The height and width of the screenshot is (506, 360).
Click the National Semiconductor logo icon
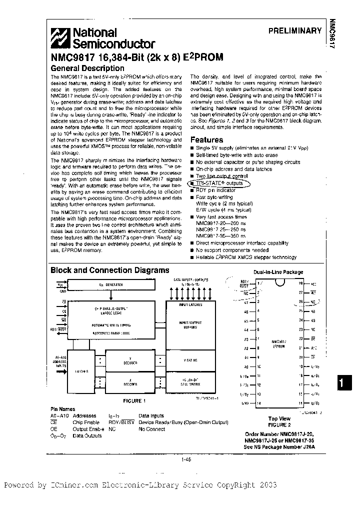(x=61, y=38)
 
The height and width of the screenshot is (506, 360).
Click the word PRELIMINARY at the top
(x=294, y=30)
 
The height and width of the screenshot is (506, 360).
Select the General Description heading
(x=87, y=68)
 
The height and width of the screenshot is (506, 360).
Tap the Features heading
(x=206, y=140)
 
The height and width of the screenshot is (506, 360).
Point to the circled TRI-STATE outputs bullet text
(x=220, y=183)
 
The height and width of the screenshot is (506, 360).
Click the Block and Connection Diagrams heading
(x=110, y=270)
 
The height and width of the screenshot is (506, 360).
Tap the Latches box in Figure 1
(x=81, y=371)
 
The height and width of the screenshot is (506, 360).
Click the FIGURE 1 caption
(x=133, y=400)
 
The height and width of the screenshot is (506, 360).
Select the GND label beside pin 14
(x=244, y=403)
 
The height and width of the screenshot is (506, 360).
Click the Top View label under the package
(x=279, y=418)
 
